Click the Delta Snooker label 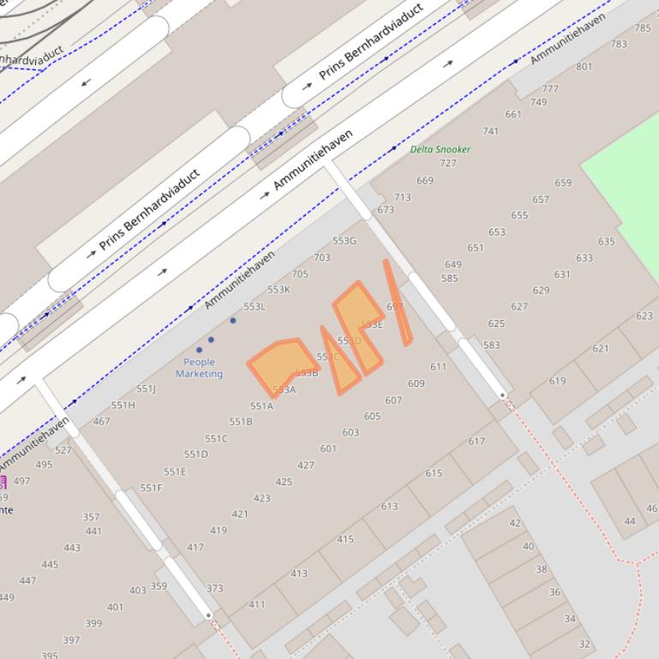pyautogui.click(x=440, y=149)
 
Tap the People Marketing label pyautogui.click(x=200, y=368)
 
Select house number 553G pyautogui.click(x=344, y=241)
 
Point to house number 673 pyautogui.click(x=386, y=210)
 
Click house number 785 pyautogui.click(x=643, y=28)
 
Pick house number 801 pyautogui.click(x=584, y=67)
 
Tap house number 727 pyautogui.click(x=448, y=163)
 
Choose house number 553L pyautogui.click(x=255, y=306)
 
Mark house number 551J pyautogui.click(x=147, y=389)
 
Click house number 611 pyautogui.click(x=439, y=366)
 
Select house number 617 pyautogui.click(x=476, y=442)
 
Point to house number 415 pyautogui.click(x=345, y=539)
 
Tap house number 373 pyautogui.click(x=214, y=588)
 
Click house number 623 pyautogui.click(x=644, y=316)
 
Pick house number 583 pyautogui.click(x=491, y=345)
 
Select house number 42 pyautogui.click(x=515, y=523)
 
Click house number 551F pyautogui.click(x=151, y=488)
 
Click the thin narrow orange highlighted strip pyautogui.click(x=398, y=302)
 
